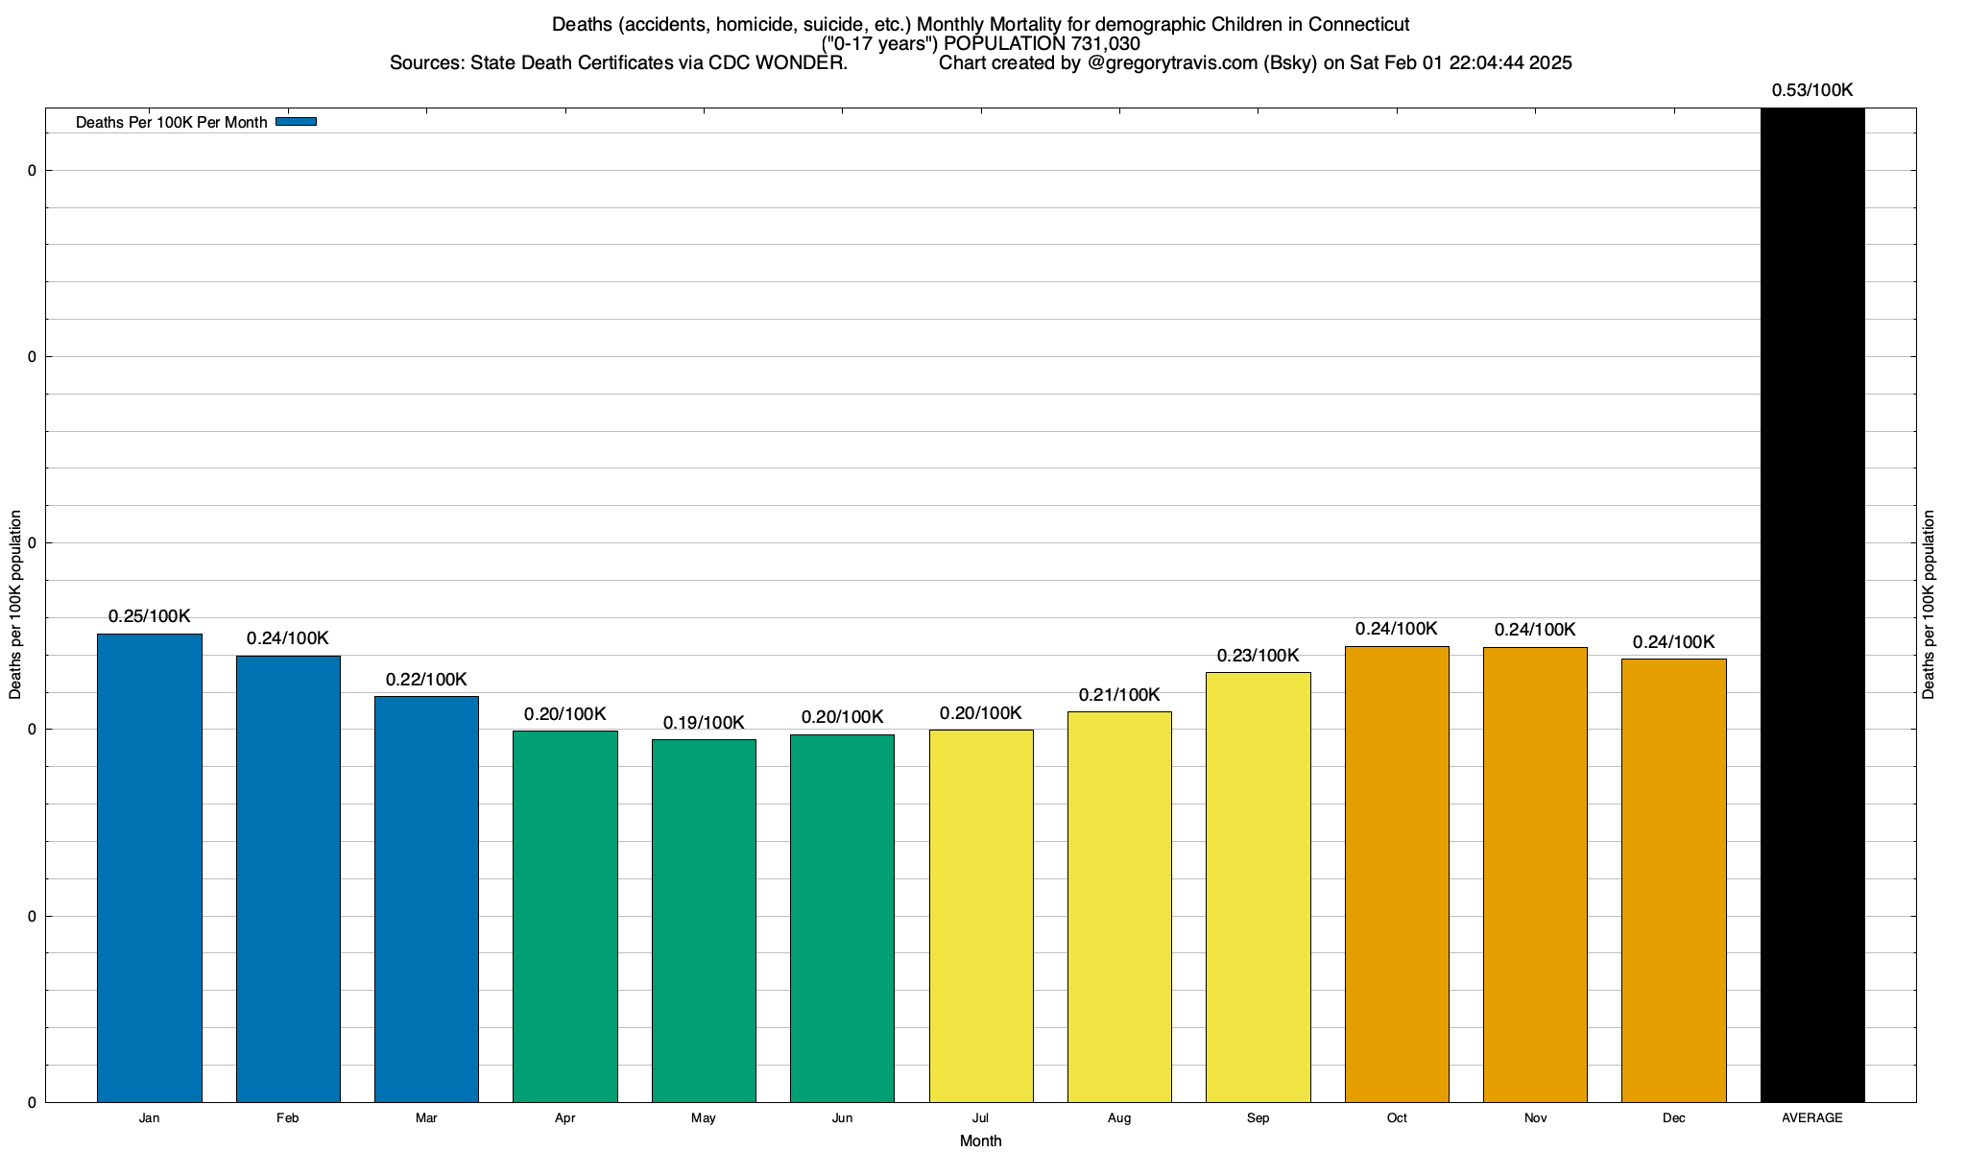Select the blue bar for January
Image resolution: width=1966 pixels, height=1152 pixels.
tap(150, 868)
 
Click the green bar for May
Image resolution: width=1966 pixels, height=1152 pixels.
tap(704, 921)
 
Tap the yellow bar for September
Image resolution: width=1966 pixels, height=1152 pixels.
tap(1258, 887)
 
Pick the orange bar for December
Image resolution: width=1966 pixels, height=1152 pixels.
tap(1673, 880)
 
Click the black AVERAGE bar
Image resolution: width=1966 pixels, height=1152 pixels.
tap(1812, 605)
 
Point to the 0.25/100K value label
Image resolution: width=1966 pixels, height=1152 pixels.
tap(150, 616)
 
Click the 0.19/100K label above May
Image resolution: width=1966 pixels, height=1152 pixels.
tap(704, 723)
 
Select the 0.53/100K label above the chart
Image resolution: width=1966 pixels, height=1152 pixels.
tap(1812, 90)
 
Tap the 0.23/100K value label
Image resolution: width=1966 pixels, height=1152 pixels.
tap(1258, 656)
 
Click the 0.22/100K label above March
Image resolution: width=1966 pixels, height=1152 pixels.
tap(426, 680)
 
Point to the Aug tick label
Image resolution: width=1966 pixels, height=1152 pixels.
tap(1119, 1118)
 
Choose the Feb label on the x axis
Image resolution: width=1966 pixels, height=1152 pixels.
tap(288, 1118)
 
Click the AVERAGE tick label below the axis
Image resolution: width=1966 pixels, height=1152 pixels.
tap(1812, 1118)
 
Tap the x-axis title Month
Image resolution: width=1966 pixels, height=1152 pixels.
tap(980, 1140)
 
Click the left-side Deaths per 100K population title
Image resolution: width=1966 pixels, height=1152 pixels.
tap(15, 605)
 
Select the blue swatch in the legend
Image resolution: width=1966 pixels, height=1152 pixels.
tap(296, 122)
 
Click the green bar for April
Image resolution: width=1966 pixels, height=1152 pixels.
tap(565, 916)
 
